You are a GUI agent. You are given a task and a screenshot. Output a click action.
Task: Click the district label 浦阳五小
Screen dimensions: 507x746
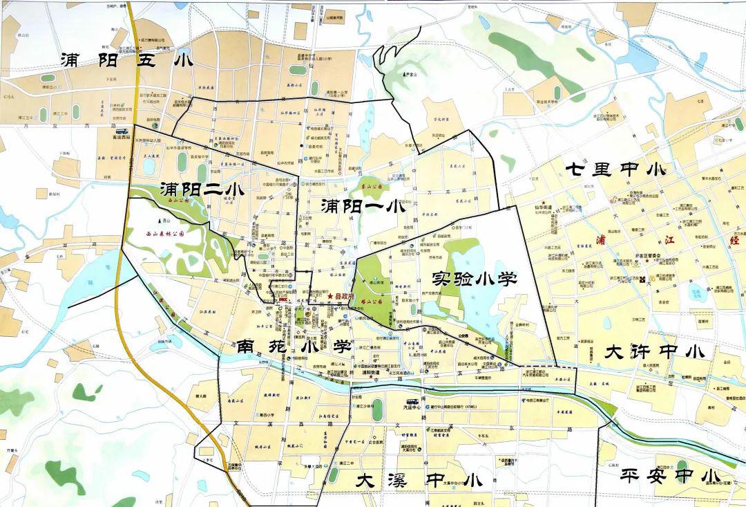click(126, 60)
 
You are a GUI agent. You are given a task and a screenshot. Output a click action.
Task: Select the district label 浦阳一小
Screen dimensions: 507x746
click(363, 205)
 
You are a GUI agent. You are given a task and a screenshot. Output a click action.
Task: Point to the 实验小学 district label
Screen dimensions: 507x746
click(474, 278)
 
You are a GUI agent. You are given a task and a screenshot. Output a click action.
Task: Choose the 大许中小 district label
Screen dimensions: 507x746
click(654, 351)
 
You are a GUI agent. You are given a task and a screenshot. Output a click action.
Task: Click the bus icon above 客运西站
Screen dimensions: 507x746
click(122, 131)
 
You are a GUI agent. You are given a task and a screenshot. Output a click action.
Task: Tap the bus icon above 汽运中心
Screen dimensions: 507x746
click(412, 401)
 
